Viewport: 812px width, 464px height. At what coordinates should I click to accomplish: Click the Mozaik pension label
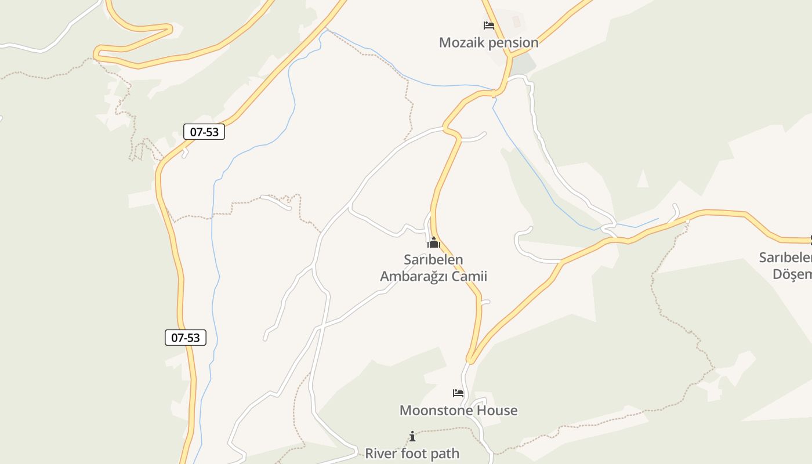coord(488,42)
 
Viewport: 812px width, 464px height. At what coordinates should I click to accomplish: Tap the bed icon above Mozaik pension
coord(488,26)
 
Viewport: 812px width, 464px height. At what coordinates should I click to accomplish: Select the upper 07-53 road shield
coord(204,132)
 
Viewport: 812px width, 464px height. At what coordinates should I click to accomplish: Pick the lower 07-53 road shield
coord(186,337)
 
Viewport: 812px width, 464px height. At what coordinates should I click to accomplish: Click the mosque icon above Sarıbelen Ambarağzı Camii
coord(433,243)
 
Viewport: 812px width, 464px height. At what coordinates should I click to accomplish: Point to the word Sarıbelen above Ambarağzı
coord(433,259)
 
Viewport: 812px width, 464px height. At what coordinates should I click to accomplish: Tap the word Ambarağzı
coord(414,276)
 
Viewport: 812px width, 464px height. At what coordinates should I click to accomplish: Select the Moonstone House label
coord(458,410)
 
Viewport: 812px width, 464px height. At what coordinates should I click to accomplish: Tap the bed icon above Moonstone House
coord(458,393)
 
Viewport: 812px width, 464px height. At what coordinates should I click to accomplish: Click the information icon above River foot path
coord(412,436)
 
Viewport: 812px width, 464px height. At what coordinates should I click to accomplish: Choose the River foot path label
coord(412,453)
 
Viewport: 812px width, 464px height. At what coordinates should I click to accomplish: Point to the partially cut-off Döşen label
coord(792,274)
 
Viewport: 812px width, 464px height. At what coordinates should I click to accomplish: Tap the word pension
coord(513,42)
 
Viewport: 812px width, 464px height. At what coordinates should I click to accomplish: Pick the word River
coord(380,453)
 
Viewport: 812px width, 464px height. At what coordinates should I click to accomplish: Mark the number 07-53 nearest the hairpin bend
coord(204,132)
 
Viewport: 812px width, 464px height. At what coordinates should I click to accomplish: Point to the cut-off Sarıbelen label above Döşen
coord(786,257)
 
